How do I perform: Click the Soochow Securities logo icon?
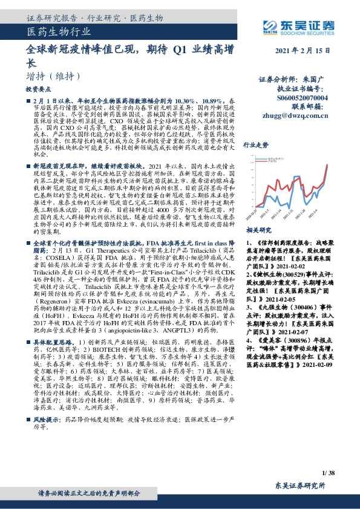[270, 25]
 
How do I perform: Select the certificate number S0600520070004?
[303, 96]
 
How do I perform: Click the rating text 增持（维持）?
[54, 76]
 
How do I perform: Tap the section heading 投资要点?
[38, 89]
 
